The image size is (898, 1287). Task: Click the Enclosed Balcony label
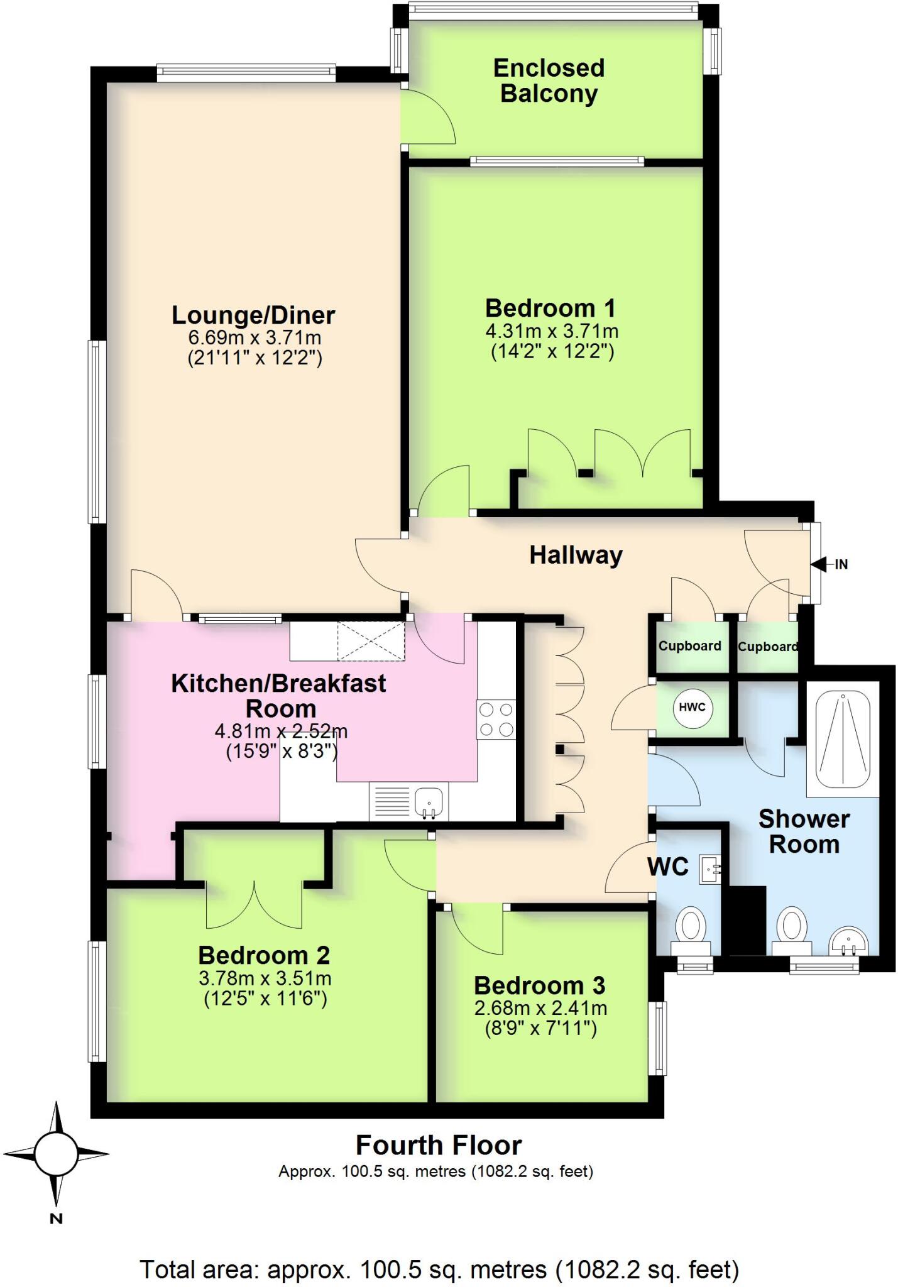tap(549, 80)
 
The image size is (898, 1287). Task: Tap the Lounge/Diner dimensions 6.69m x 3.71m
tap(255, 337)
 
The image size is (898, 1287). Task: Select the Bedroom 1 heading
tap(550, 308)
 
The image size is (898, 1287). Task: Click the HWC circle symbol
tap(692, 707)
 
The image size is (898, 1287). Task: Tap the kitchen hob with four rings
tap(496, 720)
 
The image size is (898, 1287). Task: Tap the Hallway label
tap(576, 555)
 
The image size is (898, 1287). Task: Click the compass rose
tap(57, 1154)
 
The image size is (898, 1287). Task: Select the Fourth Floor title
tap(439, 1145)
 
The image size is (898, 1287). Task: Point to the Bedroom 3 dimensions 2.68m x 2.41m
tap(540, 1008)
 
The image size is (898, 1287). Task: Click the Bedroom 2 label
tap(264, 955)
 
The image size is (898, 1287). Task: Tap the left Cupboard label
tap(689, 646)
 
